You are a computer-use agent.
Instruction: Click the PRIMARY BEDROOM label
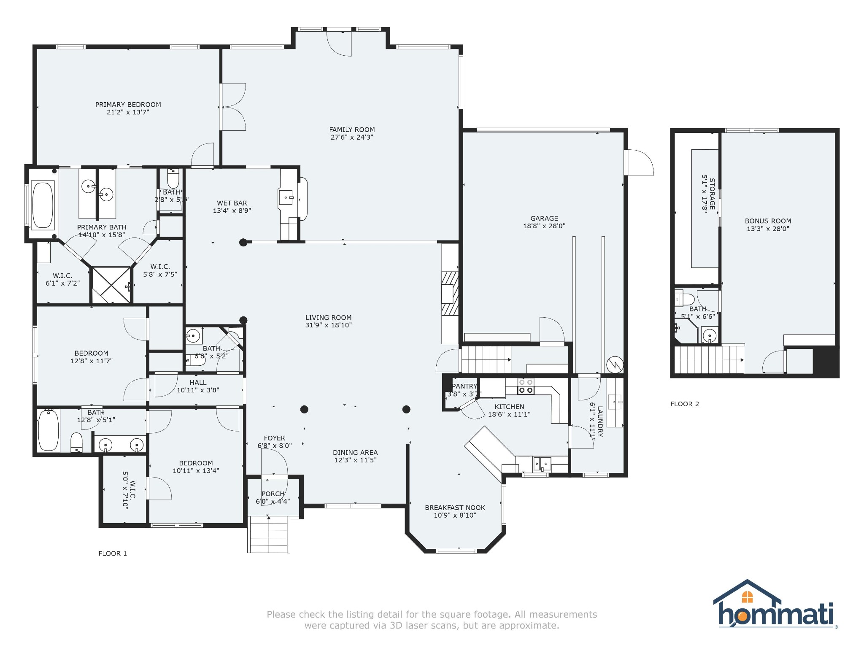click(x=128, y=105)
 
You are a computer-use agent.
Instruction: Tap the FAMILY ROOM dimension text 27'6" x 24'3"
click(x=352, y=138)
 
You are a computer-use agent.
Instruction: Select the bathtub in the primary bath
click(x=43, y=205)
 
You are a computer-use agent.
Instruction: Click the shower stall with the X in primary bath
click(x=112, y=285)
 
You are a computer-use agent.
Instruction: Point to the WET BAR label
click(x=232, y=203)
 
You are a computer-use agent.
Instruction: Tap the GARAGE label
click(x=544, y=219)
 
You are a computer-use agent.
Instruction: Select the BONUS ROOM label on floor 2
click(x=768, y=221)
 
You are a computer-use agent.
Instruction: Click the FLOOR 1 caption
click(x=113, y=553)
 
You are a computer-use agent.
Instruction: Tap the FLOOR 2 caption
click(x=685, y=404)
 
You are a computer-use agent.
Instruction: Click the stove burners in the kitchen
click(x=526, y=386)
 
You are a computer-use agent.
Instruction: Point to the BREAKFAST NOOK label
click(x=455, y=508)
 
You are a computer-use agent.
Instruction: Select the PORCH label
click(x=273, y=494)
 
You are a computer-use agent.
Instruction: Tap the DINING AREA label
click(x=355, y=453)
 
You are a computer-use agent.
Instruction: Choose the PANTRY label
click(x=464, y=386)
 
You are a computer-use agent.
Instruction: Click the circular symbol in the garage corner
click(x=615, y=364)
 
